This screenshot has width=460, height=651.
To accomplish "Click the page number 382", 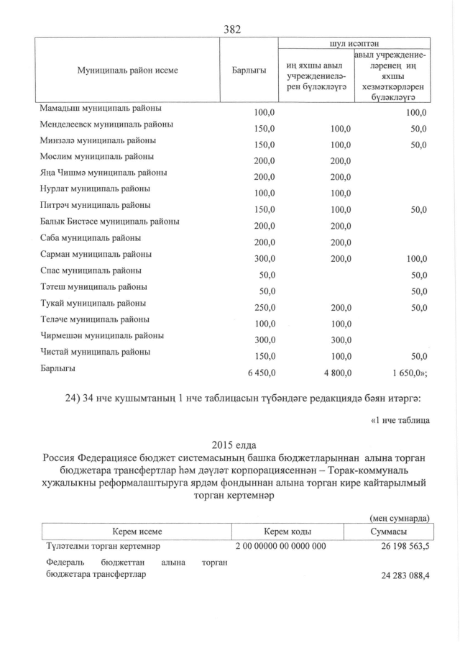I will pyautogui.click(x=232, y=29).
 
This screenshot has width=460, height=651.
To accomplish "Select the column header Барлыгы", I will pyautogui.click(x=249, y=70).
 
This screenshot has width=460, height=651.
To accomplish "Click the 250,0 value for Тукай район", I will pyautogui.click(x=264, y=306).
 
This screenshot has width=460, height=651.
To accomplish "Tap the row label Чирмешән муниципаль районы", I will pyautogui.click(x=104, y=336).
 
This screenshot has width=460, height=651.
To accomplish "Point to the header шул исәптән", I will pyautogui.click(x=354, y=43).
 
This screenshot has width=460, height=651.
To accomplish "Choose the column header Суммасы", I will pyautogui.click(x=388, y=532).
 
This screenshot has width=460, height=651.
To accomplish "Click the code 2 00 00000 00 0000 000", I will pyautogui.click(x=281, y=546).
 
